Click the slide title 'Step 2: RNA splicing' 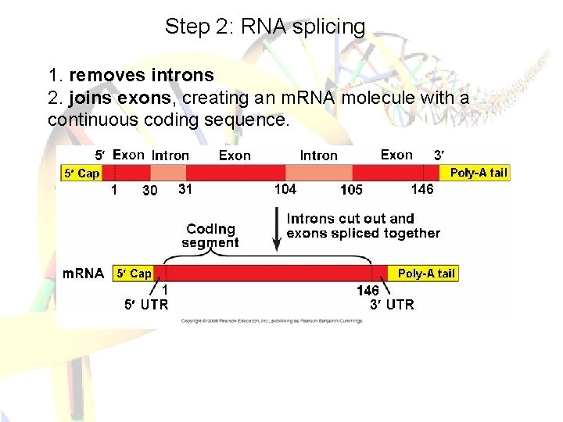coord(264,27)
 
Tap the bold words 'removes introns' coord(141,75)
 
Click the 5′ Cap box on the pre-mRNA coord(81,173)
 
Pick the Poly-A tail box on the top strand coord(479,173)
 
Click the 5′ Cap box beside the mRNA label coord(133,273)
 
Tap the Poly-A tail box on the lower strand coord(425,273)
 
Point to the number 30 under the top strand coord(149,190)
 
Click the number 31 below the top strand coord(185,188)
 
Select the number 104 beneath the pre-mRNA coord(285,188)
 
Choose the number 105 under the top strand coord(351,190)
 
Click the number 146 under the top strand coord(421,188)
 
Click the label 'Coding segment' coord(210,235)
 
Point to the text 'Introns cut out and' coord(350,219)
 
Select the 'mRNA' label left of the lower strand coord(83,274)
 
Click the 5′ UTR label coord(147,304)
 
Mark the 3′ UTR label coord(392,304)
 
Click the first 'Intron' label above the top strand coord(170,156)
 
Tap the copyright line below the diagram coord(274,320)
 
